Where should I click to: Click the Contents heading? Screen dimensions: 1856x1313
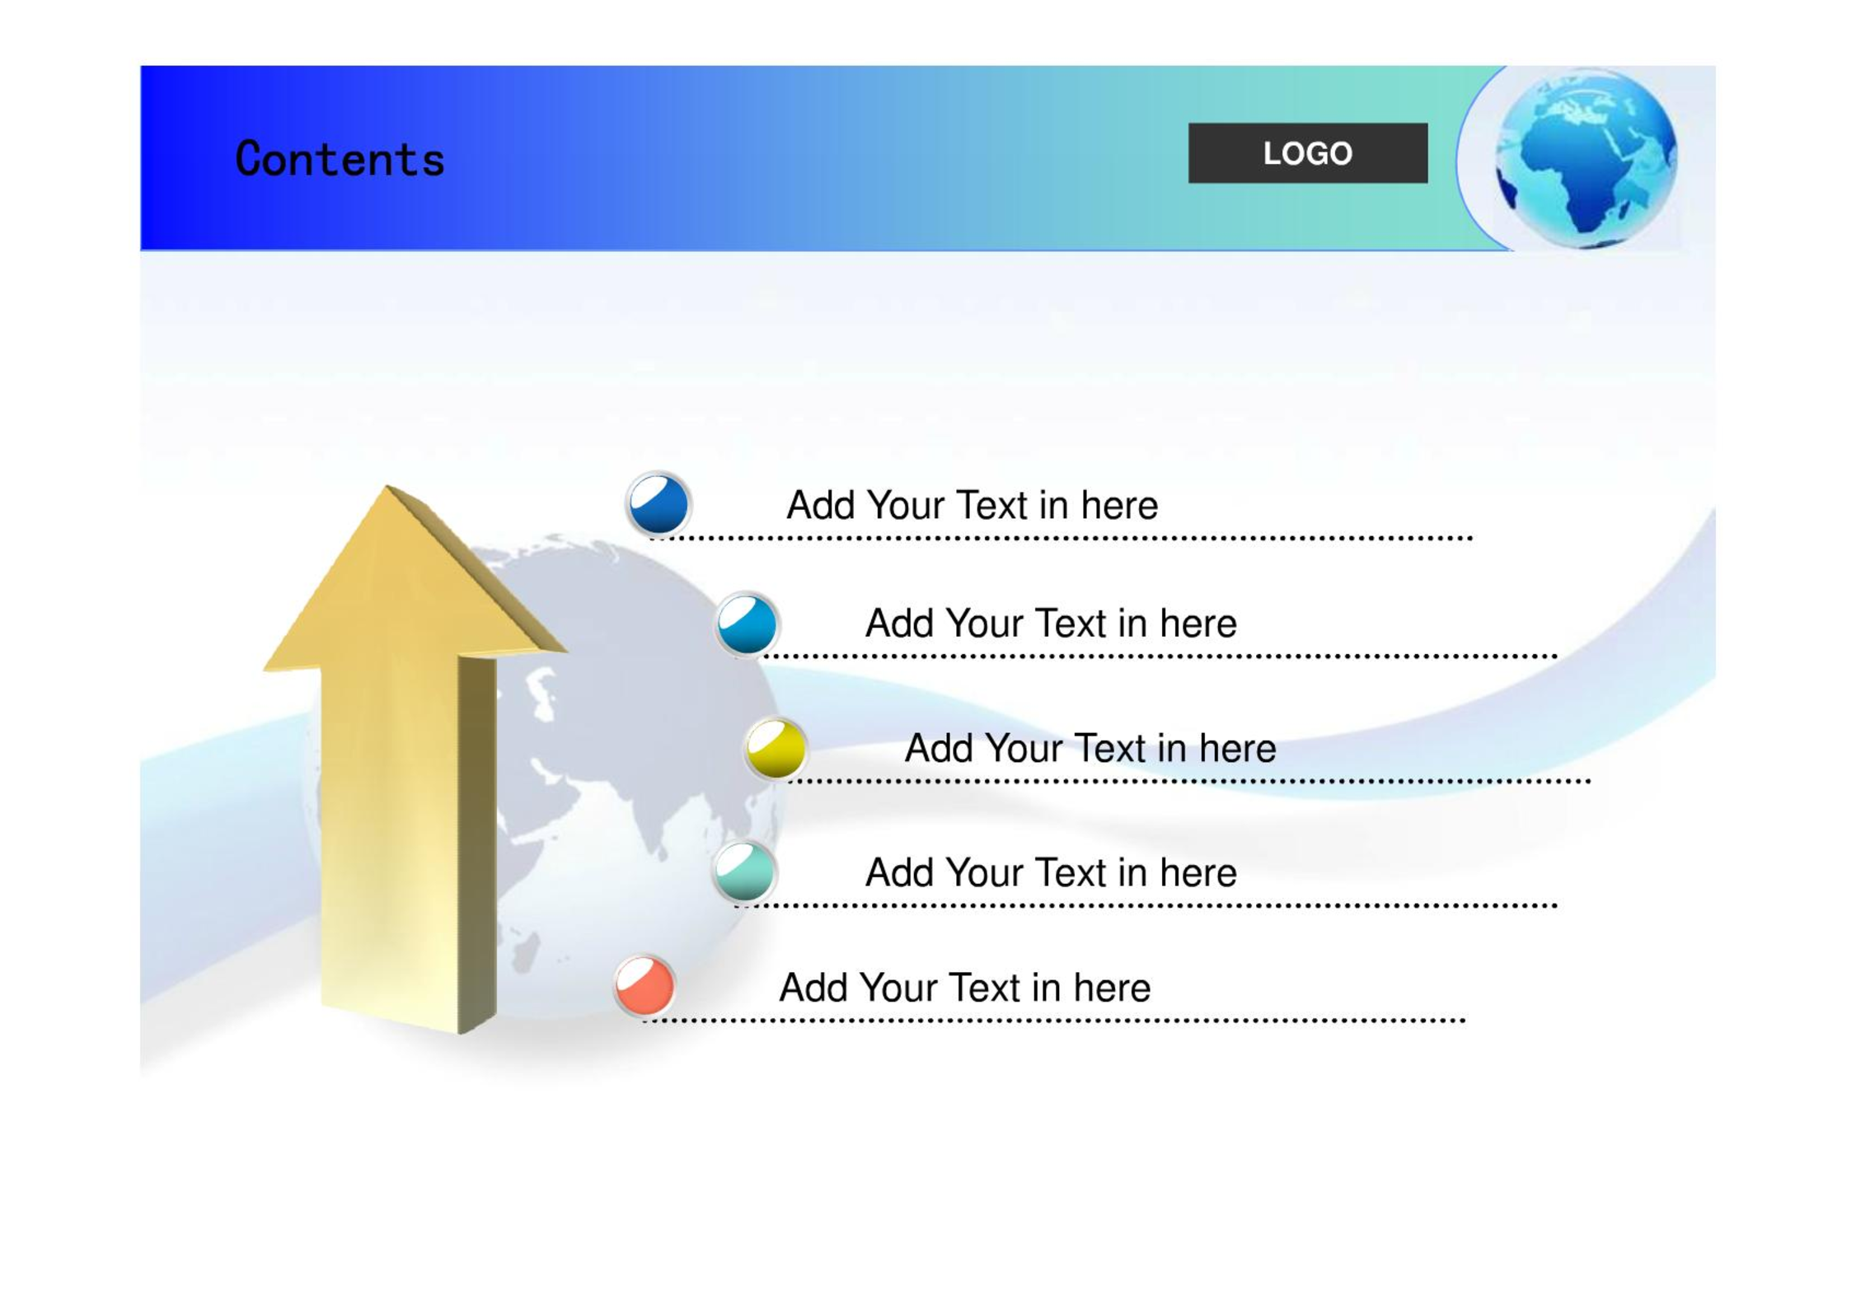point(340,159)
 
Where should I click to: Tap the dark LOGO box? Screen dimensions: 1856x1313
point(1307,153)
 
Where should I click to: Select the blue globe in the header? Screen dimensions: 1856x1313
point(1586,159)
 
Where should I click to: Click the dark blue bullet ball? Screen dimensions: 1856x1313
point(659,503)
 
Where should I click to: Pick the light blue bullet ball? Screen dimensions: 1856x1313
point(747,624)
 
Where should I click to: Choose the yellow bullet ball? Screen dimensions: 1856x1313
point(776,748)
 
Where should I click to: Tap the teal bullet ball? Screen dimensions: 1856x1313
point(744,871)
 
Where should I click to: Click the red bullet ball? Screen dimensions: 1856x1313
point(644,985)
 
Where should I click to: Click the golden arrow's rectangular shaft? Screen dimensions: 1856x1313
point(408,840)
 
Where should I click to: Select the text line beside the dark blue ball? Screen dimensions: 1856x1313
point(972,505)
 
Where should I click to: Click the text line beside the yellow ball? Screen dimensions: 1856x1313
point(1090,748)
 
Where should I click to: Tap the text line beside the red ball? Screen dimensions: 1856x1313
point(964,987)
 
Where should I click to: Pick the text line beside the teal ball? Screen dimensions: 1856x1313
point(1051,872)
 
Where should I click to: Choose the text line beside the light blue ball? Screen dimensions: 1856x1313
point(1051,624)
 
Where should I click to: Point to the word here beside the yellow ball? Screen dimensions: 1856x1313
point(1237,748)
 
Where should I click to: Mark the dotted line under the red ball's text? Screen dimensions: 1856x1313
point(1053,1021)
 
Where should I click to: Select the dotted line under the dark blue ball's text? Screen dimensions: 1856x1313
point(1061,538)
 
